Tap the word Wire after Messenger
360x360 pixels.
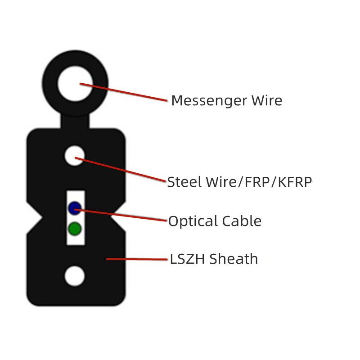point(266,100)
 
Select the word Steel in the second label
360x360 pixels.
point(184,182)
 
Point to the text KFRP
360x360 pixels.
point(295,182)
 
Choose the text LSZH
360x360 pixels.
point(187,259)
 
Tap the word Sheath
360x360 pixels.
point(234,259)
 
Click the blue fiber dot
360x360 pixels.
point(75,208)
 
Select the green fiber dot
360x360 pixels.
point(75,229)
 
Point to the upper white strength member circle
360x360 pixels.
point(75,156)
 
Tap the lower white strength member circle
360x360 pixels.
point(75,276)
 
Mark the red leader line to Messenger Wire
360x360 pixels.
point(123,92)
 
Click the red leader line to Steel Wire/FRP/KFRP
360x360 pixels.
point(120,170)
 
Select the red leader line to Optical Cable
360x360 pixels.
point(121,215)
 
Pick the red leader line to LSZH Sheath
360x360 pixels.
point(137,259)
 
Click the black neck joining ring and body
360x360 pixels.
point(75,121)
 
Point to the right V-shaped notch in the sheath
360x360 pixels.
point(118,217)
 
